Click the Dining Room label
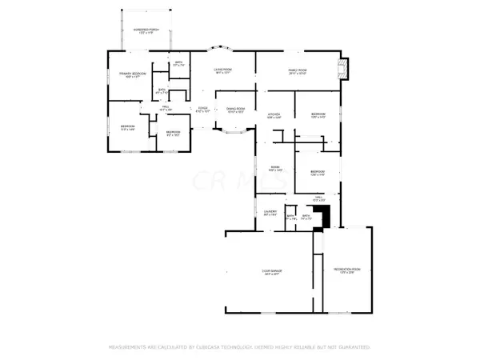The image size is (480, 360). coord(235,110)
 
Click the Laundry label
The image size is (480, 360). coord(270,213)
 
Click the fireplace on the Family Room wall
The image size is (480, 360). coord(344,69)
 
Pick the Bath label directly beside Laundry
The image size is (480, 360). coord(291,216)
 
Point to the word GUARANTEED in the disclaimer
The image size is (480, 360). coord(350,347)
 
